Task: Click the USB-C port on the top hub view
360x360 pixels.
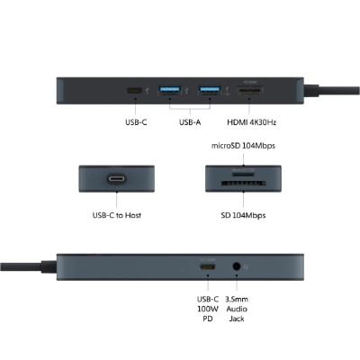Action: [x=134, y=90]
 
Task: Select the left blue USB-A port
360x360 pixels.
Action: [x=170, y=90]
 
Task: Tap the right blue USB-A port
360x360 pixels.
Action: [x=210, y=90]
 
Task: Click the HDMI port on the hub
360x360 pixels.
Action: [x=250, y=90]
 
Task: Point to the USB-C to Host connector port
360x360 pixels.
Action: [x=117, y=179]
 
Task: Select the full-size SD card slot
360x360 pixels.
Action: [x=244, y=183]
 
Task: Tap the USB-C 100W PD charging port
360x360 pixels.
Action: [x=207, y=266]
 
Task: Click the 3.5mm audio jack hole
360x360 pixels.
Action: [x=237, y=266]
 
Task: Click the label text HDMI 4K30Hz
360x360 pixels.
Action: [x=251, y=122]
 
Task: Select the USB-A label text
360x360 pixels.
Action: [x=190, y=122]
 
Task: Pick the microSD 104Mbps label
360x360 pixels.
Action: [x=243, y=146]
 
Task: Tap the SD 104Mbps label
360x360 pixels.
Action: [x=243, y=215]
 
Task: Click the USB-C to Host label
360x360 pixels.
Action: [x=117, y=215]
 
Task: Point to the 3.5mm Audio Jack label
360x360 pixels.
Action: [x=237, y=309]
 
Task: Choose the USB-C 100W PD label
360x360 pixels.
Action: [x=208, y=309]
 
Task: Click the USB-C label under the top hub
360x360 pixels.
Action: [x=136, y=122]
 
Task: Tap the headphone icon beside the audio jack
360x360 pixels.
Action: [x=246, y=266]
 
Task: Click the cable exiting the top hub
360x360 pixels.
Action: [x=331, y=90]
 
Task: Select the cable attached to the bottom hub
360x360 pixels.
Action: [x=28, y=266]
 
